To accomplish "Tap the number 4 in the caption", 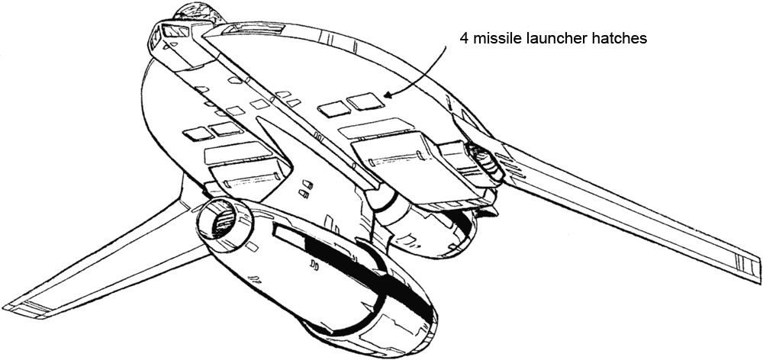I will [x=464, y=38].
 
